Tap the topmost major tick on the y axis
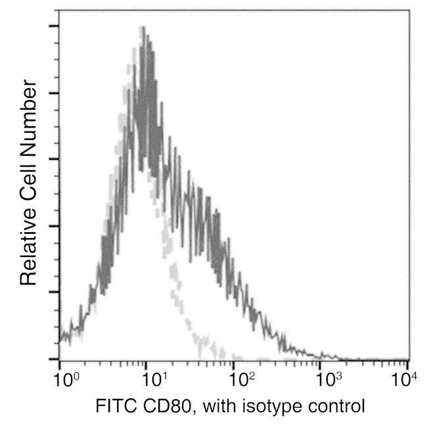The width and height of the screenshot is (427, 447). tap(54, 26)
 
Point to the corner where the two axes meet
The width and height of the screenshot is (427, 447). tap(60, 360)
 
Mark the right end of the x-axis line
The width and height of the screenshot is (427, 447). tap(408, 360)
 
